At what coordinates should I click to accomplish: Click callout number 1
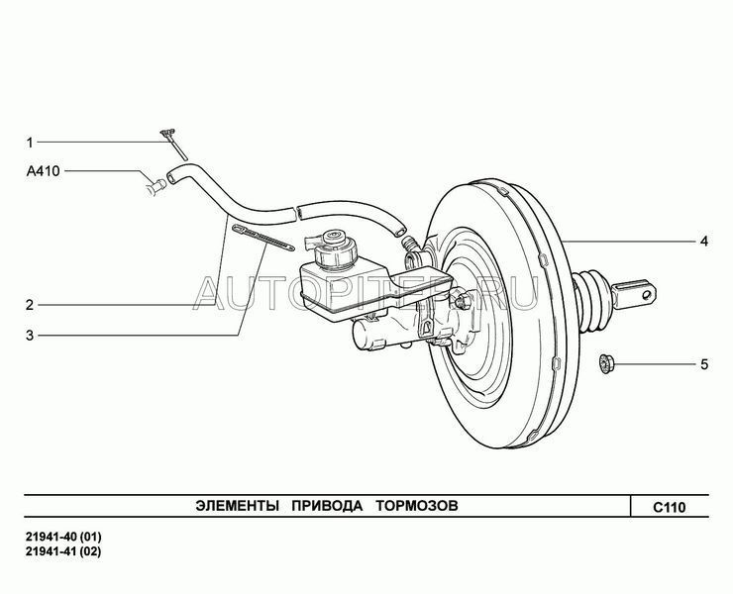[30, 143]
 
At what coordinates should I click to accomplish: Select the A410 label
[43, 171]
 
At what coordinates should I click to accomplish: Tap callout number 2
[30, 306]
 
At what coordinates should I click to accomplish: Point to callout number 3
[30, 336]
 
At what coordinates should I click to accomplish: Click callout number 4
[703, 242]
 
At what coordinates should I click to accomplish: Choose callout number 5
[704, 364]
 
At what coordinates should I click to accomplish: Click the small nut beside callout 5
[606, 364]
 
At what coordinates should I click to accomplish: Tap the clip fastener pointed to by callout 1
[173, 143]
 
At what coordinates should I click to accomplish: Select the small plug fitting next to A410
[157, 186]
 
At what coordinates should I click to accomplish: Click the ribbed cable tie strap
[262, 237]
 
